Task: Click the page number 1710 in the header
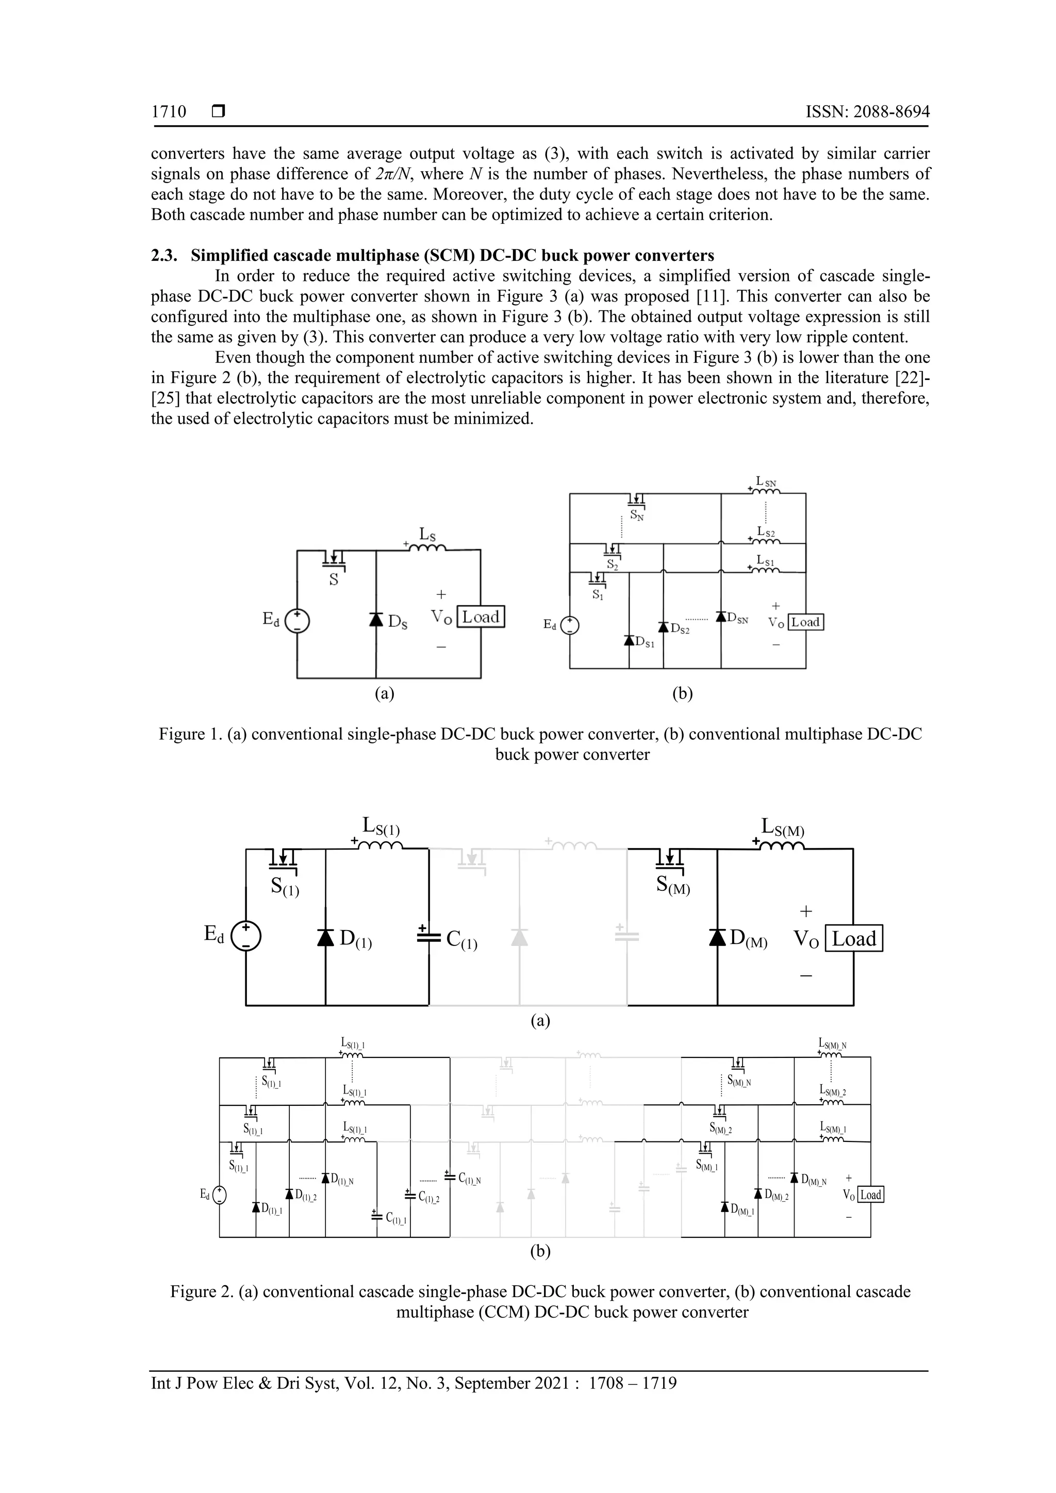click(x=169, y=112)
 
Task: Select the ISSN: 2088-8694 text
click(x=867, y=112)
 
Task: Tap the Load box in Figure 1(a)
click(x=481, y=617)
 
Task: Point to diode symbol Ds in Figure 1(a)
click(x=376, y=619)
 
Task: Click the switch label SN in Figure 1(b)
click(x=637, y=517)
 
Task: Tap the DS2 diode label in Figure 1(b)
click(x=680, y=629)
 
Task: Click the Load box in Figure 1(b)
click(x=805, y=622)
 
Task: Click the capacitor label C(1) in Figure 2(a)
click(x=461, y=940)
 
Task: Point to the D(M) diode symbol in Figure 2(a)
click(x=717, y=937)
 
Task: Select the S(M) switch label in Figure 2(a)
click(x=672, y=885)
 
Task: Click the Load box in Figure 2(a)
click(x=854, y=938)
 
